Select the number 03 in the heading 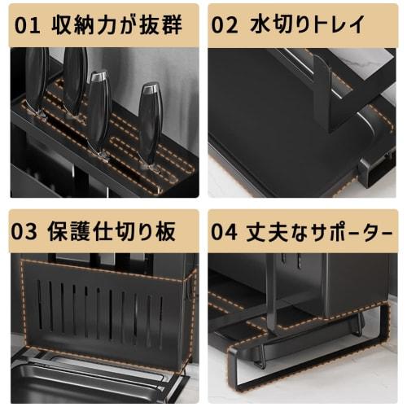[x=26, y=230]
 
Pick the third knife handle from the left [x=98, y=114]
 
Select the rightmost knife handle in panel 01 [x=149, y=122]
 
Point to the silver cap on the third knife [x=98, y=76]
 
